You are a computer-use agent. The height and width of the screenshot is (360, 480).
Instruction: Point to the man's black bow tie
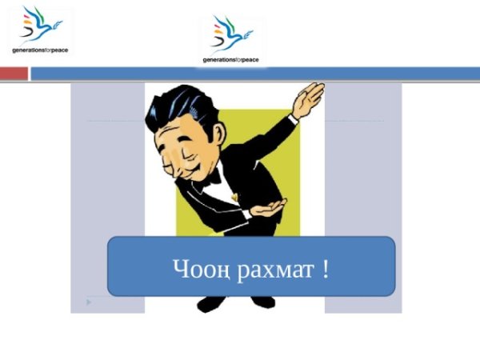(211, 178)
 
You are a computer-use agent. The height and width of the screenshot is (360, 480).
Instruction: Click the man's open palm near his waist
(267, 209)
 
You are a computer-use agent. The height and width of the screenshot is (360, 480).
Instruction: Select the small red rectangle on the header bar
(14, 74)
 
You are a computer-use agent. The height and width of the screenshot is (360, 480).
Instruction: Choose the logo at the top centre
(232, 38)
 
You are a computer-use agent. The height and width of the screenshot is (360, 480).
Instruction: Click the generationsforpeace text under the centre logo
(231, 60)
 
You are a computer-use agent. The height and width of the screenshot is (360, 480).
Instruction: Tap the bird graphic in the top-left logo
(36, 25)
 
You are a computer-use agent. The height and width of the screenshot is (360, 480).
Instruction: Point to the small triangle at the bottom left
(89, 302)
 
